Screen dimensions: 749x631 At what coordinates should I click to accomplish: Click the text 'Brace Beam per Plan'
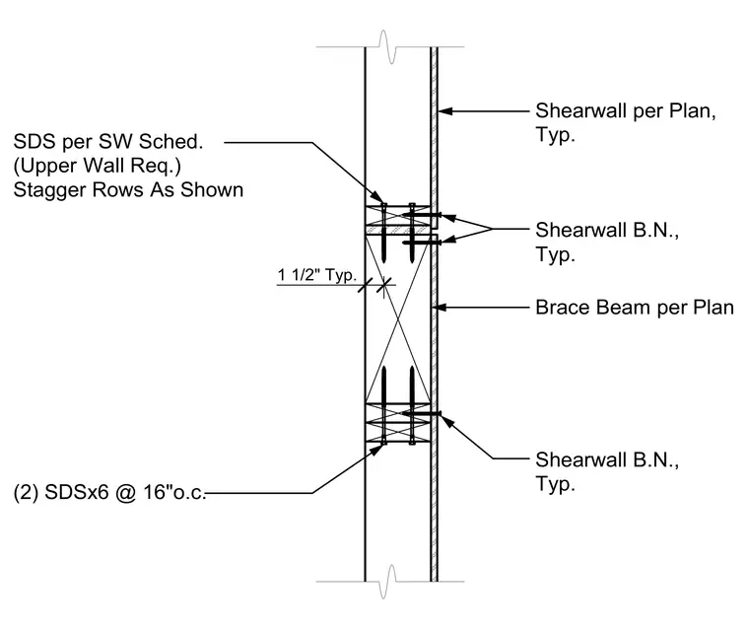point(635,308)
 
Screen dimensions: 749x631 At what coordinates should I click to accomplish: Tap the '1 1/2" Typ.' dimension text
point(317,275)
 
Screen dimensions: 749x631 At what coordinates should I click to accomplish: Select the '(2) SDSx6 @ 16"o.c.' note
point(109,492)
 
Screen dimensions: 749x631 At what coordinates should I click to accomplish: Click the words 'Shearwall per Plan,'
point(625,110)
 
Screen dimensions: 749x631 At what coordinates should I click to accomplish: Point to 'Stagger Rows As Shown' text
point(128,189)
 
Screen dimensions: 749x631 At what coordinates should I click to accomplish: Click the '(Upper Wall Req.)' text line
point(98,166)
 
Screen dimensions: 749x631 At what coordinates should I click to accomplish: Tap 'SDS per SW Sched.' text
point(108,142)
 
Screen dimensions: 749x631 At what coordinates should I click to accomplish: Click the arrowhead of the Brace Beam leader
point(439,307)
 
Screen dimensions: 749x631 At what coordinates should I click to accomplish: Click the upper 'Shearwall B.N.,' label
point(607,230)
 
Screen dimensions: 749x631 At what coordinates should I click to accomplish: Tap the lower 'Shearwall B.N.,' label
point(607,459)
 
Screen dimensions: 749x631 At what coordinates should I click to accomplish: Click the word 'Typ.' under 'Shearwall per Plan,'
point(555,135)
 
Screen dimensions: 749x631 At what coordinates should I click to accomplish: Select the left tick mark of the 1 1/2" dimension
point(366,285)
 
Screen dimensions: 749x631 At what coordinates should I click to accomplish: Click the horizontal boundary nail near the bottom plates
point(421,413)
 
